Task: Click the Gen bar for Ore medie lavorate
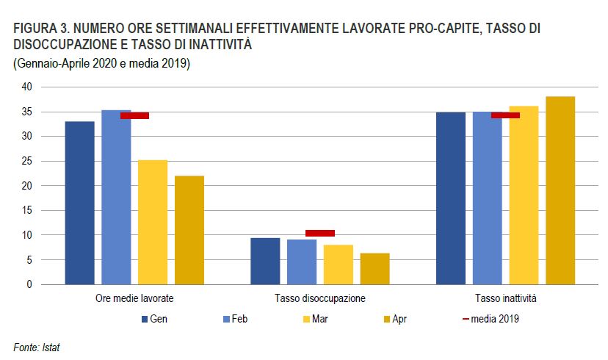[x=79, y=203]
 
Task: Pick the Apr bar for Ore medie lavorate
[x=189, y=230]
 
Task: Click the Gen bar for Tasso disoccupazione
[x=265, y=261]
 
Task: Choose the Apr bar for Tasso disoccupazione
[x=374, y=269]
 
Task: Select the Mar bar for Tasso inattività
[x=524, y=195]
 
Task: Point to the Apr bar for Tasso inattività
[x=560, y=190]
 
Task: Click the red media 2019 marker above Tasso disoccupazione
[x=320, y=233]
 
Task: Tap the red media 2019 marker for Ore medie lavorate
[x=135, y=115]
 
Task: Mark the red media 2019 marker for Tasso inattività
[x=505, y=115]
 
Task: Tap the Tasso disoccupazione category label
[x=320, y=299]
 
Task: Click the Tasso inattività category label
[x=505, y=299]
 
